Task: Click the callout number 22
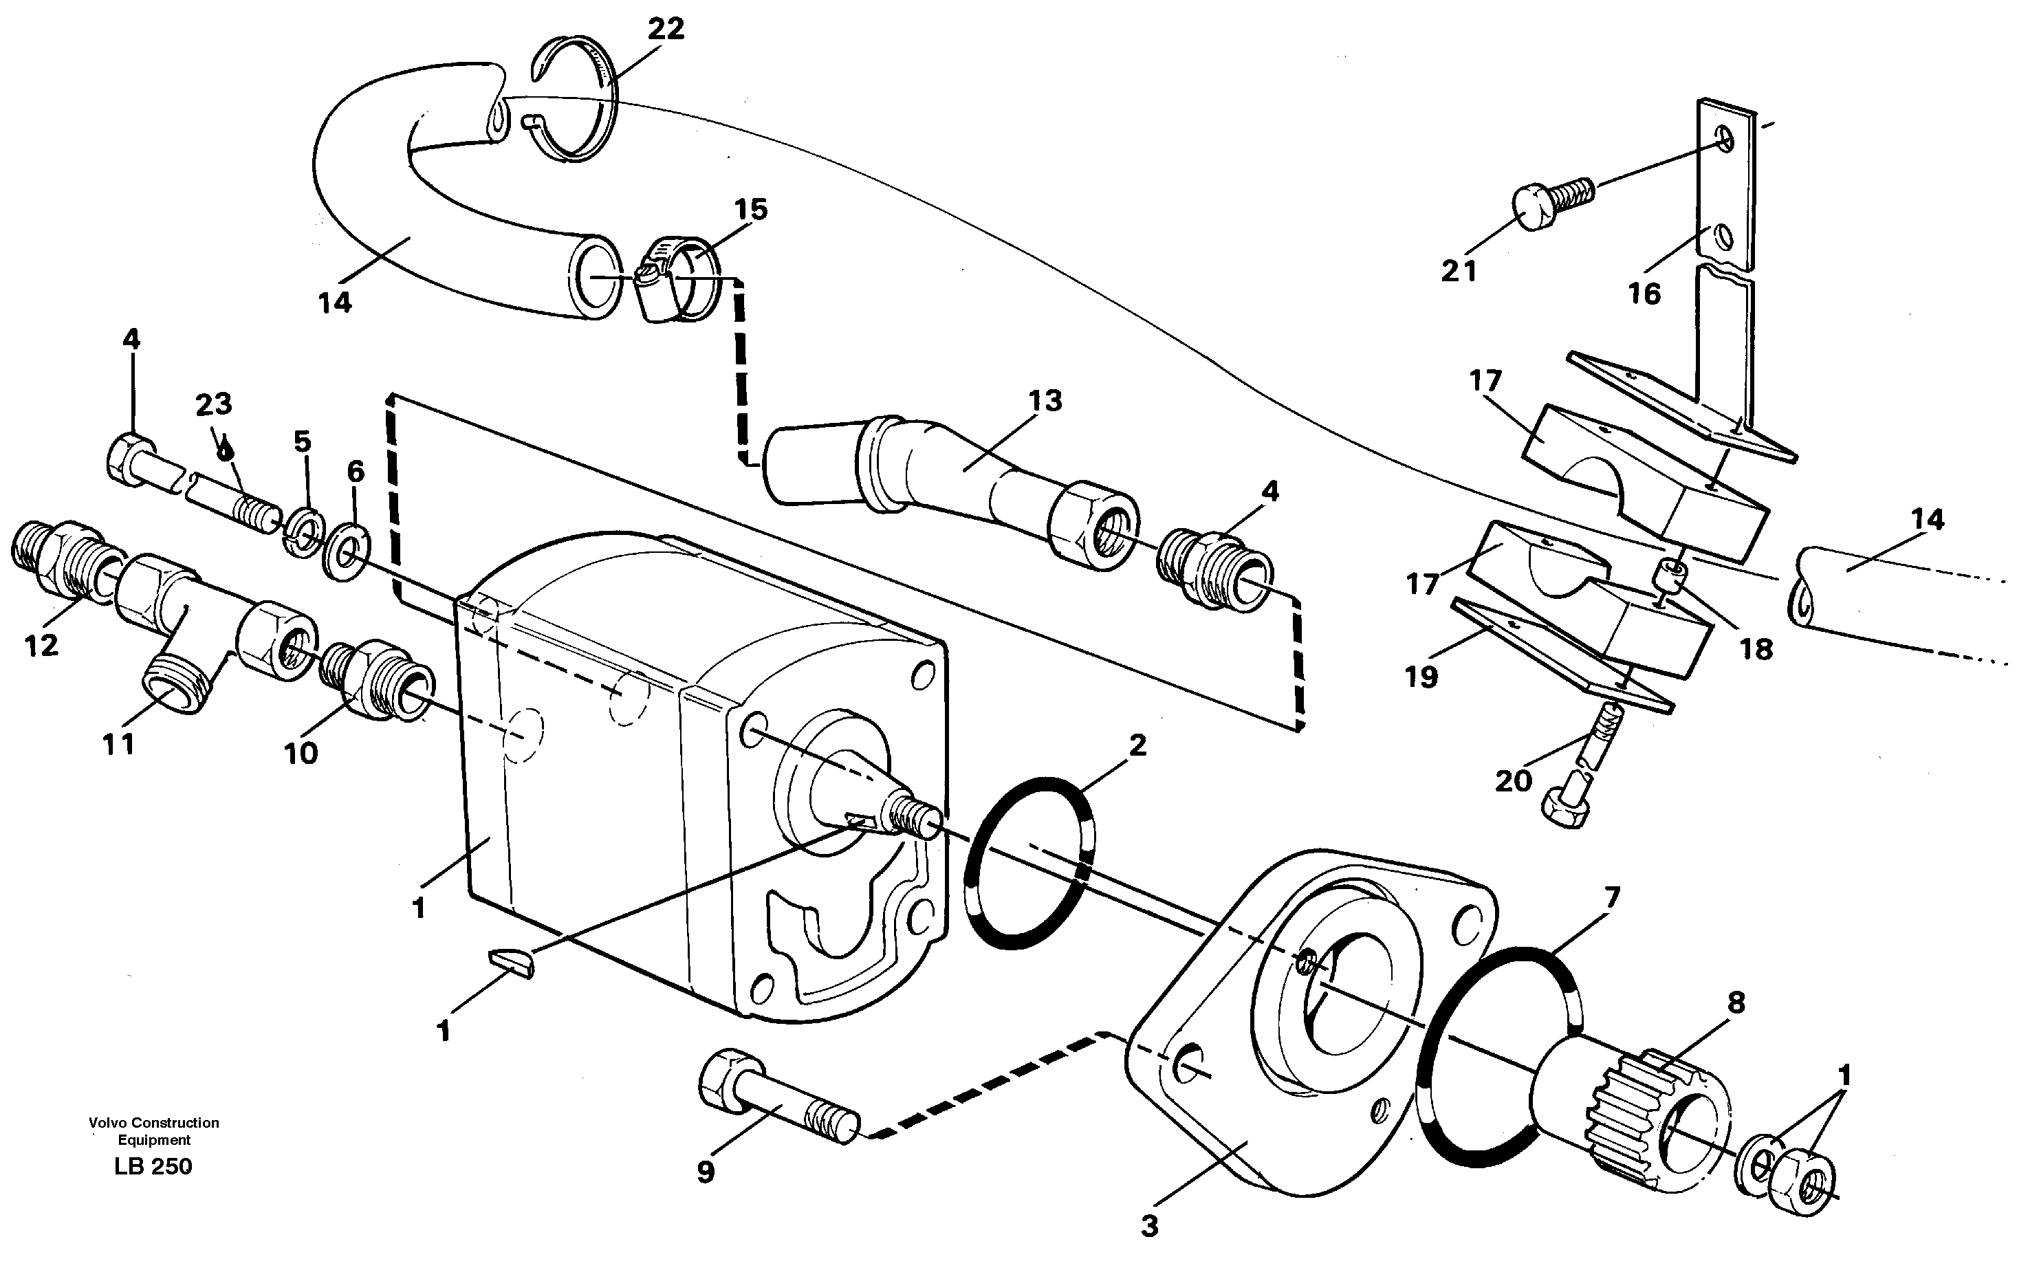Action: coord(666,30)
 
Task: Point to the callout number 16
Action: coord(1644,294)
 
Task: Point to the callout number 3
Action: coord(1149,1226)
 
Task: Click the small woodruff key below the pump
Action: coord(510,962)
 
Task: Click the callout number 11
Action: coord(118,743)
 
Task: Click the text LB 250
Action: coord(154,1166)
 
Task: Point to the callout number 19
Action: coord(1421,677)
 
